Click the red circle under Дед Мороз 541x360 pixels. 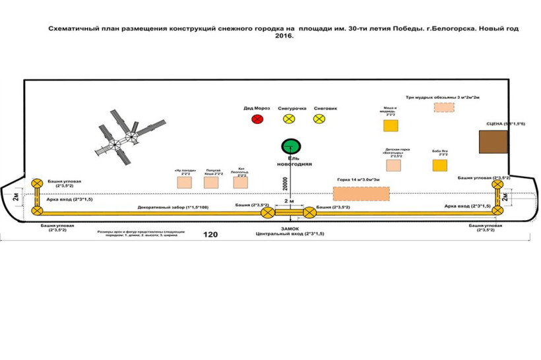(x=257, y=119)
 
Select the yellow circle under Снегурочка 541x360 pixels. (x=289, y=119)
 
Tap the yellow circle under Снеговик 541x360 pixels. (x=319, y=119)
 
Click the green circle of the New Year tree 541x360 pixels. (x=290, y=146)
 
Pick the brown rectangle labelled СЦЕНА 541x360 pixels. (x=494, y=143)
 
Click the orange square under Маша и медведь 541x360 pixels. (x=391, y=125)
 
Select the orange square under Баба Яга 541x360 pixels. (x=440, y=165)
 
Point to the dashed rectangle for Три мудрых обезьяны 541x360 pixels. (x=444, y=107)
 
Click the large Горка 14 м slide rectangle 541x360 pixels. (x=361, y=194)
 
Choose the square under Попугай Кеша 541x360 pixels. (x=211, y=182)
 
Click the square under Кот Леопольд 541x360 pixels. (x=241, y=182)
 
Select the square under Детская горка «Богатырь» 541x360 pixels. (x=393, y=165)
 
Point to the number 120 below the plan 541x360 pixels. (x=210, y=235)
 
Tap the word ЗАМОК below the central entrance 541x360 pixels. (x=290, y=228)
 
